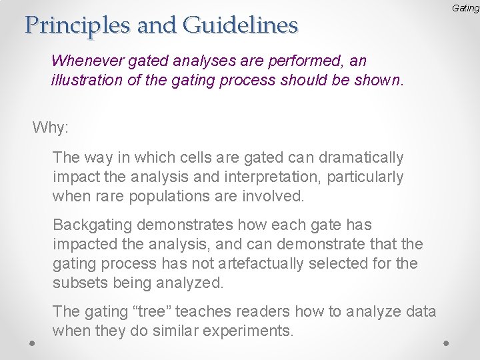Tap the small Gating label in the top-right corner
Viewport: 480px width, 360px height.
click(465, 8)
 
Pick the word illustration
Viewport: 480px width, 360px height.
click(83, 81)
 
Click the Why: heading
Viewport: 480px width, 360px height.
click(51, 127)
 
